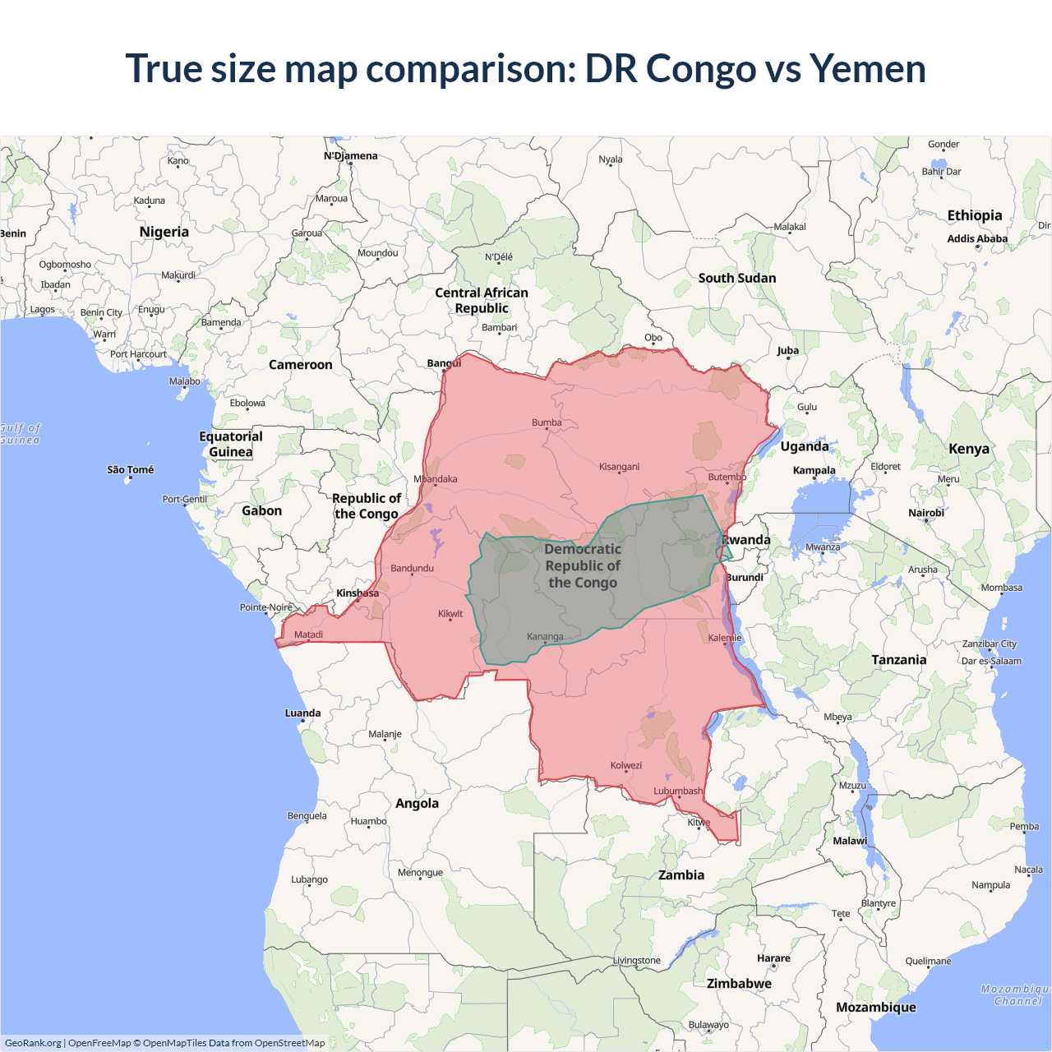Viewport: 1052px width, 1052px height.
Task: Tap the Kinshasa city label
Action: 358,593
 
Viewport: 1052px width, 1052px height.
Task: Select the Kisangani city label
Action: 619,467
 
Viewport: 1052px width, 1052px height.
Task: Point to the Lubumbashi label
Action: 678,791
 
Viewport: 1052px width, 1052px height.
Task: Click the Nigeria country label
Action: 164,232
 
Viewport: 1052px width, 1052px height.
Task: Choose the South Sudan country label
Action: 737,278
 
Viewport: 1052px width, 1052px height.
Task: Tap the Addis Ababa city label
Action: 977,239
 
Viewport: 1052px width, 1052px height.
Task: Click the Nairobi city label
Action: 926,513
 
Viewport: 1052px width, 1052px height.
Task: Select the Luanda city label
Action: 302,713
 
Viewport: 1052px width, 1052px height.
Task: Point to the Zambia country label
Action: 681,875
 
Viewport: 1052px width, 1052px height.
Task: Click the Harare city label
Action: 773,958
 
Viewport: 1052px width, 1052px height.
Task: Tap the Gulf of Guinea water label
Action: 20,434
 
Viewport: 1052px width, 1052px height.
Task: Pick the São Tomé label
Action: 130,470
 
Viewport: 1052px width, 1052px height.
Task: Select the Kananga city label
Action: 545,637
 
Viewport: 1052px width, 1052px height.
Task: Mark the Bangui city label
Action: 444,363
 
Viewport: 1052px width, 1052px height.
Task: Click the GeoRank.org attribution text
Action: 33,1043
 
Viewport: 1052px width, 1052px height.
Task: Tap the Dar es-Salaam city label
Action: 991,661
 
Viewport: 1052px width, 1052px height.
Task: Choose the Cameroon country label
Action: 301,365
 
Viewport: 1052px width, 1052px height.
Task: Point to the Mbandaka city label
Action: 436,479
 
